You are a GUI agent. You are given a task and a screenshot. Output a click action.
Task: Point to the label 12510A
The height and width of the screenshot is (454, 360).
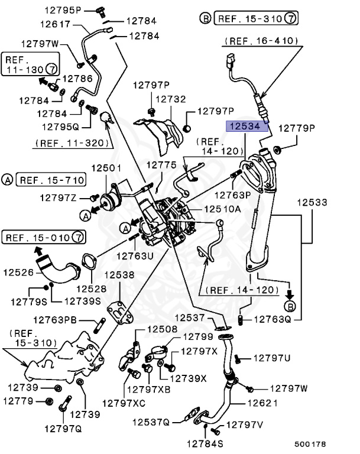click(222, 209)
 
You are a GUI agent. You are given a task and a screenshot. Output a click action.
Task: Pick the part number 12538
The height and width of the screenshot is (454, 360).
click(119, 275)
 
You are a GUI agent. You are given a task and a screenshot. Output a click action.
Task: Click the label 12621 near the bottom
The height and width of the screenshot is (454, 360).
click(262, 404)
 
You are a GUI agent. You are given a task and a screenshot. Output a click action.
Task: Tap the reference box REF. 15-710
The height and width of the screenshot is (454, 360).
click(50, 179)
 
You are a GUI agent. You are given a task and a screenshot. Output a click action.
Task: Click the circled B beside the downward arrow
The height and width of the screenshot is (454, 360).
click(290, 306)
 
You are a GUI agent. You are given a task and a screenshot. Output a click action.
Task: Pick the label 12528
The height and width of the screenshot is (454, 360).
click(91, 289)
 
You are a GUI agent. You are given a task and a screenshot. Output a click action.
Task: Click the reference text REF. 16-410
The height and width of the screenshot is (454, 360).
click(261, 41)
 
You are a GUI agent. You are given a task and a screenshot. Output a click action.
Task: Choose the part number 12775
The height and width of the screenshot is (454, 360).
click(161, 166)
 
